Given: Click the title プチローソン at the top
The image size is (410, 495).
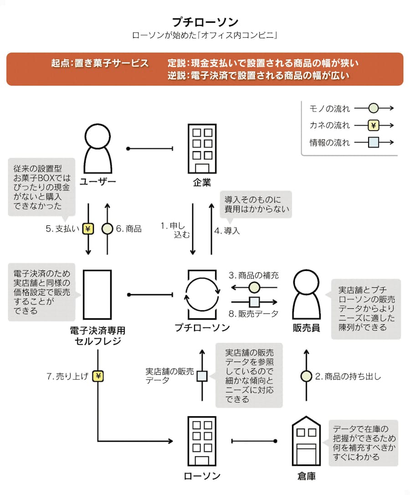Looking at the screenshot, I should [x=205, y=21].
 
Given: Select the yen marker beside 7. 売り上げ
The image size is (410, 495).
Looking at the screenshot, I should [x=98, y=376].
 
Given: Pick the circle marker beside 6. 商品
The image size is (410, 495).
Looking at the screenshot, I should [x=108, y=229].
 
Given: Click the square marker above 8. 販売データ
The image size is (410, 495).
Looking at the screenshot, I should [x=254, y=302].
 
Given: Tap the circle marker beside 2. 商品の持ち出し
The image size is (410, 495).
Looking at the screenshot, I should [x=307, y=376].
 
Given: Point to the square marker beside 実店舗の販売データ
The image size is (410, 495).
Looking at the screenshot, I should [x=202, y=376].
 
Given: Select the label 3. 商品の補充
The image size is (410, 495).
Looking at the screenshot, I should [x=253, y=276].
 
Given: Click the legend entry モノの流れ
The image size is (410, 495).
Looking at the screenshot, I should [x=330, y=108].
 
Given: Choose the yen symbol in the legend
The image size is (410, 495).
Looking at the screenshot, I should [x=374, y=125].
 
